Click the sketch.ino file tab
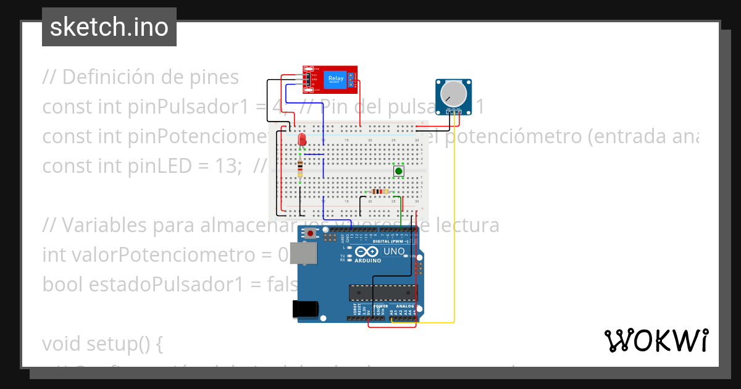109,27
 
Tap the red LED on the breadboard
302,140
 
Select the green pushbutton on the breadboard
399,171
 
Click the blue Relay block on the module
336,78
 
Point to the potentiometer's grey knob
454,93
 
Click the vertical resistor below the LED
300,167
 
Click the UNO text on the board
393,251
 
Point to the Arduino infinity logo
366,252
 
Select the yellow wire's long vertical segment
454,216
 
